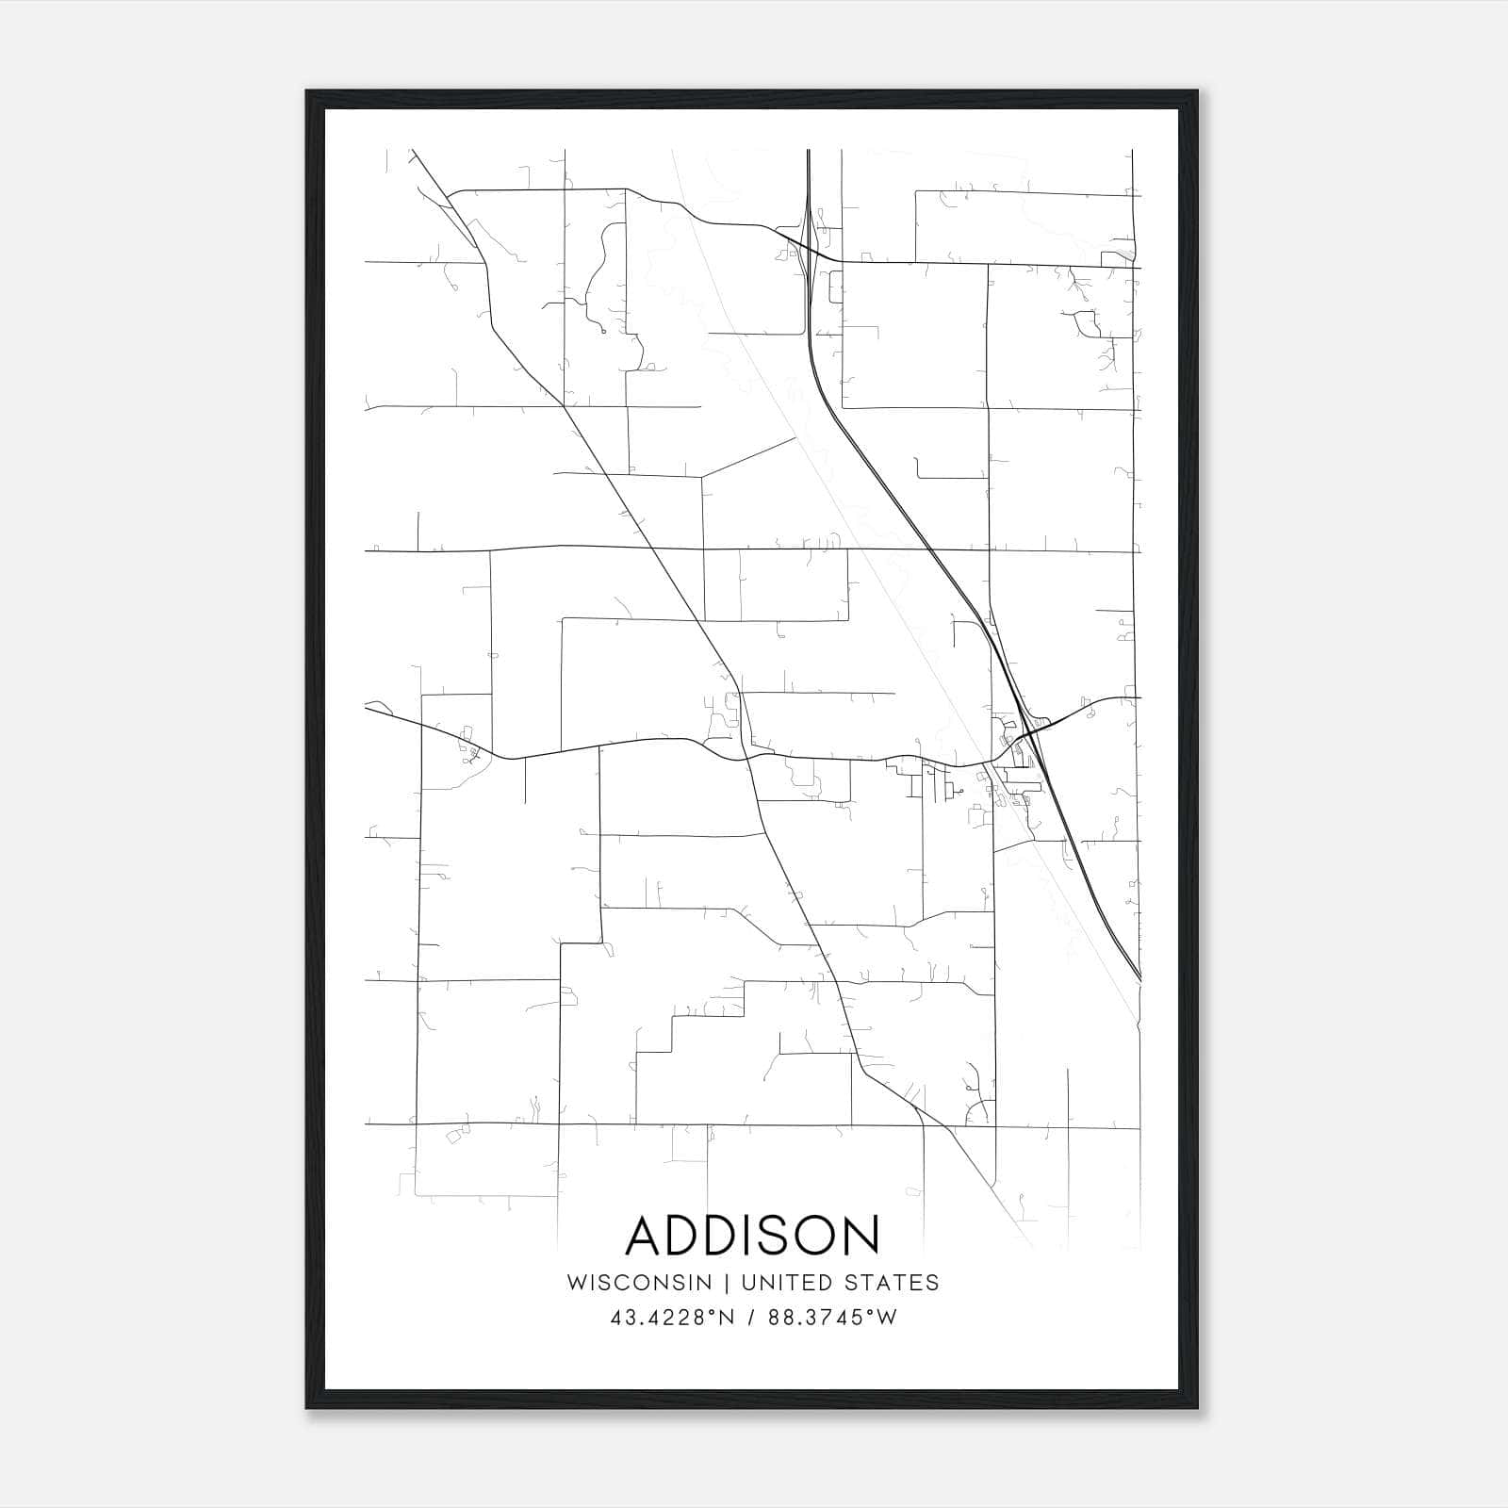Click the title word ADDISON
752,1236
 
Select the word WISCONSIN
638,1283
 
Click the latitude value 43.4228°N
671,1318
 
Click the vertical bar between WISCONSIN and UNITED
727,1283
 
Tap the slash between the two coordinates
750,1318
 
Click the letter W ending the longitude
887,1318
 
